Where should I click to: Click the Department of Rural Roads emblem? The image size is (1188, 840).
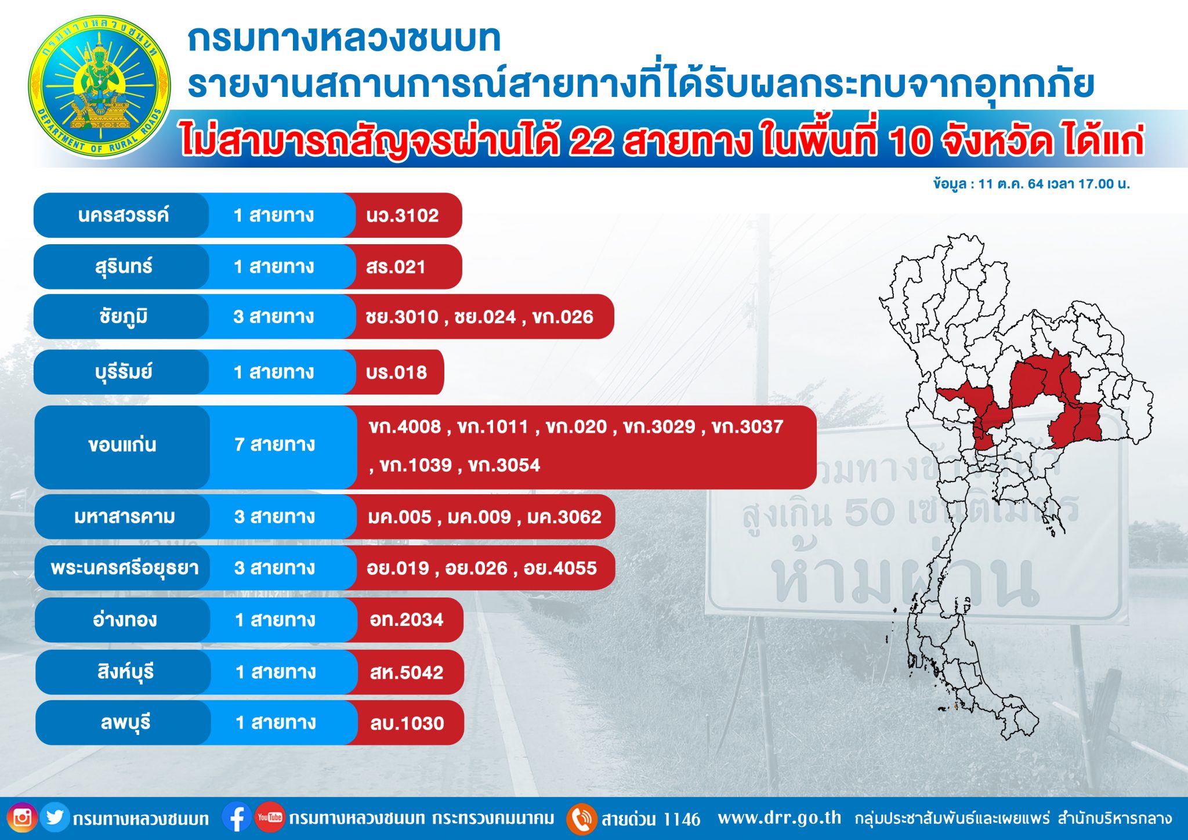(99, 87)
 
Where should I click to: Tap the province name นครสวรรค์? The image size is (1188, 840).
(123, 215)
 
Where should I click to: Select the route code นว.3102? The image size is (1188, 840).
(402, 216)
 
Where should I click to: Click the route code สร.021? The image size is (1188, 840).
(396, 267)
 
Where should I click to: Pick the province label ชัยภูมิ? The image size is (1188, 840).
(123, 317)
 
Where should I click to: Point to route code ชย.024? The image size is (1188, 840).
(485, 317)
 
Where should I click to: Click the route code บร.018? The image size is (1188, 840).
(396, 372)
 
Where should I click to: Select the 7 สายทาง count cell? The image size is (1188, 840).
(274, 445)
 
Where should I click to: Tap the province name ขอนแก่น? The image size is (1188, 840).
(122, 445)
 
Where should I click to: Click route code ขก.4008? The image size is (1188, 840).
(405, 427)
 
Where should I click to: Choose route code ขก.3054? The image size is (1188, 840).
(504, 465)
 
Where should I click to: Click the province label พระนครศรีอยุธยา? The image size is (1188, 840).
(124, 568)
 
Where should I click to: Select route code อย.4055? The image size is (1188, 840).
(560, 568)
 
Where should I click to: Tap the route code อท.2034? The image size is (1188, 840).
(406, 620)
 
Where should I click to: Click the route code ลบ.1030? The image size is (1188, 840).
(407, 723)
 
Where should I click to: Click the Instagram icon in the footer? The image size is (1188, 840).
(23, 818)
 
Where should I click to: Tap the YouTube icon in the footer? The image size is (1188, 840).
(270, 818)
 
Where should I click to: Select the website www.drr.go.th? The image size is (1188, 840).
(779, 818)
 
